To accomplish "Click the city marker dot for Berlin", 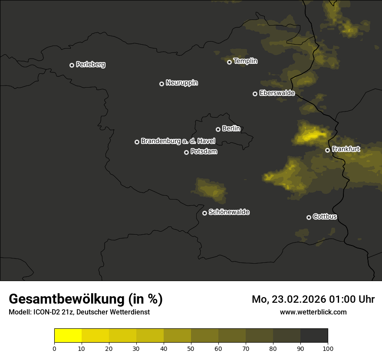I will tap(218, 129).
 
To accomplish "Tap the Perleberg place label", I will tap(90, 65).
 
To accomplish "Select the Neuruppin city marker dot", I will tap(161, 84).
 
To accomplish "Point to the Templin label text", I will tap(245, 61).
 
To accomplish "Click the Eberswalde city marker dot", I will tap(255, 94).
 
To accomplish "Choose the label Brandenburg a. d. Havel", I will tap(178, 141).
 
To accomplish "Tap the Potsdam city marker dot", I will tap(186, 152).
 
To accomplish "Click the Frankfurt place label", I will tap(346, 149).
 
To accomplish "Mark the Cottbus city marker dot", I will tap(309, 217).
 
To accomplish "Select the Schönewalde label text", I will tap(229, 212).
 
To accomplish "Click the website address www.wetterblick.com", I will tap(313, 312).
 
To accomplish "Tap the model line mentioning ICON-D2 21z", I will tap(79, 312).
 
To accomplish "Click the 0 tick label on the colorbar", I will tap(54, 348).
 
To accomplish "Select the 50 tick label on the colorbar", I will tap(191, 348).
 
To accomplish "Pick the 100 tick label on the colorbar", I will tap(328, 348).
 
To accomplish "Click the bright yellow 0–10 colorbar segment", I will tap(68, 336).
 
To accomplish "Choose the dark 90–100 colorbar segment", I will tap(314, 336).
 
